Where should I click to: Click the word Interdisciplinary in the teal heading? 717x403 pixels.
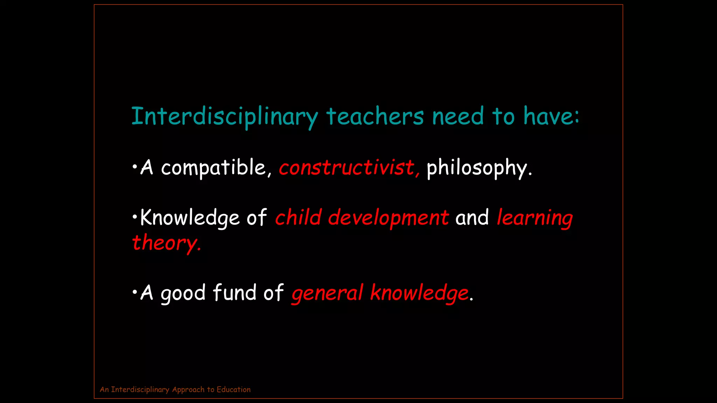pos(224,116)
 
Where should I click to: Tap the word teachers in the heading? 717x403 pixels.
pos(375,116)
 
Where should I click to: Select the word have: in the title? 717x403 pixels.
pos(551,116)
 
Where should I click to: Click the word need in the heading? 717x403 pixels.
pos(458,116)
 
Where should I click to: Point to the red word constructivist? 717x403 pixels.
pos(348,168)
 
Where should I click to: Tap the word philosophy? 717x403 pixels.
pos(479,168)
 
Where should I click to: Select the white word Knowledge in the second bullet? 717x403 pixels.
pos(189,218)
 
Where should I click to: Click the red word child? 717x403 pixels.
pos(298,217)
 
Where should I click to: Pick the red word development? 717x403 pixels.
pos(388,218)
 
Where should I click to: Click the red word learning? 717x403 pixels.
pos(534,218)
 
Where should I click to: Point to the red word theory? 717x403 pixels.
pos(166,243)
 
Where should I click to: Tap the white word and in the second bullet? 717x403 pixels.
pos(472,218)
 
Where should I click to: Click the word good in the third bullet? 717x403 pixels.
pos(183,293)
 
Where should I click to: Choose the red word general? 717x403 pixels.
pos(327,293)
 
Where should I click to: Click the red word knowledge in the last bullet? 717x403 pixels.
pos(419,293)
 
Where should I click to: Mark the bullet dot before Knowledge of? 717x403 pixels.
pos(135,217)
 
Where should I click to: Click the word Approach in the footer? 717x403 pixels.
pos(188,390)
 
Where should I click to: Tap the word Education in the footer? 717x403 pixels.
pos(234,389)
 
